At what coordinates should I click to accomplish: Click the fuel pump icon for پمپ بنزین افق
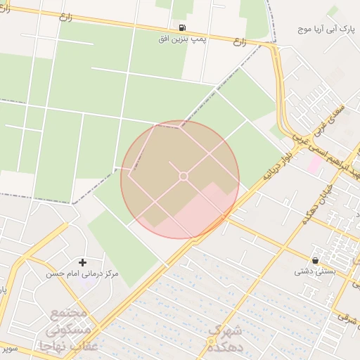coord(183,27)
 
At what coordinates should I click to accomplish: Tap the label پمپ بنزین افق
coord(183,40)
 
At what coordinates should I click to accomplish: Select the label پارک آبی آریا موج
coord(326,30)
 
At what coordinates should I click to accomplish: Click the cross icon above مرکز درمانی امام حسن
coord(83,262)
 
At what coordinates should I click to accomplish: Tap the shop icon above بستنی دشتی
coord(314,259)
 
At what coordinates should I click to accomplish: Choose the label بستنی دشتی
coord(314,271)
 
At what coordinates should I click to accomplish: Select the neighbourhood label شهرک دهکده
coord(225,338)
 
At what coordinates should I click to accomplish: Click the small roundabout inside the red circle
coord(184,176)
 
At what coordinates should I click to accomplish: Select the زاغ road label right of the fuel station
coord(240,41)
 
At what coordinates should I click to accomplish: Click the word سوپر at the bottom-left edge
coord(8,349)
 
